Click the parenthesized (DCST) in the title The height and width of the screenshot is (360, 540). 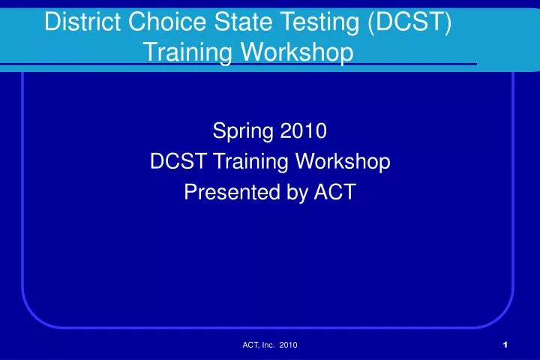[409, 23]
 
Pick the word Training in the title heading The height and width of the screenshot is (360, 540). [184, 53]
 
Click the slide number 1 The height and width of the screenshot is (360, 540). [507, 344]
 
